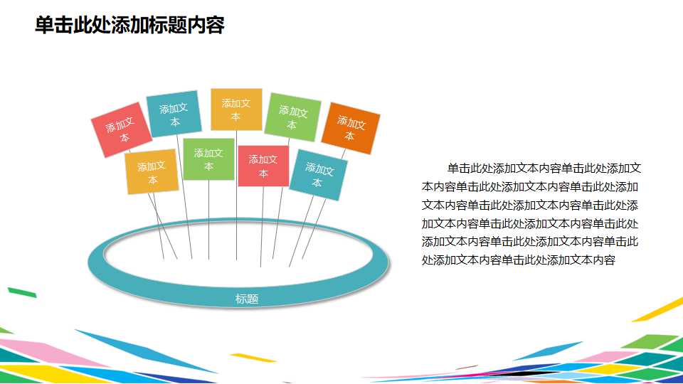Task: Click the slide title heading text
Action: click(129, 26)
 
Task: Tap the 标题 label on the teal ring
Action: click(246, 299)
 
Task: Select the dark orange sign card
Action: click(351, 129)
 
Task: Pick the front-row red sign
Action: click(263, 166)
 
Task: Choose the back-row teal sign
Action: click(174, 114)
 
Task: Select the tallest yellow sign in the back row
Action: click(236, 110)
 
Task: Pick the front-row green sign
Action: click(208, 159)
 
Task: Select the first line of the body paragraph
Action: click(544, 169)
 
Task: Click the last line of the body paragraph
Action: click(518, 260)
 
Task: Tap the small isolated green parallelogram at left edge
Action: click(21, 292)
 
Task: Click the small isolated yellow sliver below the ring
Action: click(253, 358)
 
